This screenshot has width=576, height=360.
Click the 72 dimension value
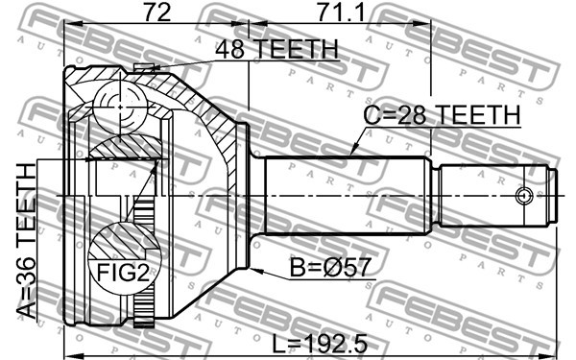[x=156, y=13]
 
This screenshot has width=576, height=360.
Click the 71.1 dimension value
[x=341, y=13]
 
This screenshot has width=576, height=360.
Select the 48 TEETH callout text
[x=276, y=49]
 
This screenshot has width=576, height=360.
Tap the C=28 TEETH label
[x=442, y=114]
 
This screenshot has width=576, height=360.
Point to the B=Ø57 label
[x=330, y=267]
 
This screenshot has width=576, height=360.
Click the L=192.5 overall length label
[x=320, y=344]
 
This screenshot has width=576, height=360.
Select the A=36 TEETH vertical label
[x=27, y=241]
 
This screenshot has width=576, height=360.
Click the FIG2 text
[x=123, y=273]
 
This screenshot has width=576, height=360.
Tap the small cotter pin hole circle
[x=523, y=196]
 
